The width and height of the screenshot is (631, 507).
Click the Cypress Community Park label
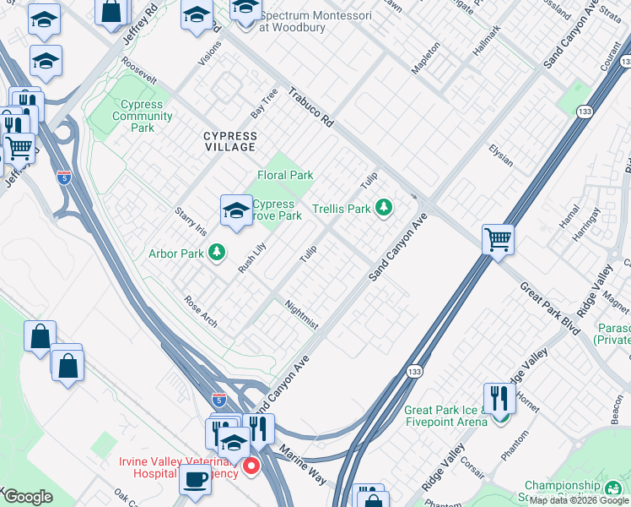[x=136, y=116]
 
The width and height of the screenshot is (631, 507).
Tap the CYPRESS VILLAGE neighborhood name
[x=218, y=141]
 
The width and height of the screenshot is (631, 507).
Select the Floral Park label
[x=285, y=176]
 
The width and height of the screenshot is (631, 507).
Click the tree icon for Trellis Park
[x=384, y=207]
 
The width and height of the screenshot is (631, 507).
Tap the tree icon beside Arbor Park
[x=217, y=252]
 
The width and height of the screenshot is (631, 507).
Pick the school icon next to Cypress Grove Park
[x=236, y=210]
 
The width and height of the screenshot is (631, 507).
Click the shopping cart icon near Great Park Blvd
[x=498, y=238]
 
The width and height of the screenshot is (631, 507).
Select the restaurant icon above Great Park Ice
[x=499, y=397]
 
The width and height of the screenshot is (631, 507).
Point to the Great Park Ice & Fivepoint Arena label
[x=446, y=415]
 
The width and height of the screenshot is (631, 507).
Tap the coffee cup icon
[x=195, y=479]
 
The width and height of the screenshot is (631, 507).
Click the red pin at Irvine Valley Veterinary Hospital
[x=251, y=466]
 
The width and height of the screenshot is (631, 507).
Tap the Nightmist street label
[x=301, y=314]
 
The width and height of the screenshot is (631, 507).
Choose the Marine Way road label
[x=303, y=464]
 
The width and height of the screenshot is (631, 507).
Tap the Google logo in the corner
[x=28, y=497]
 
